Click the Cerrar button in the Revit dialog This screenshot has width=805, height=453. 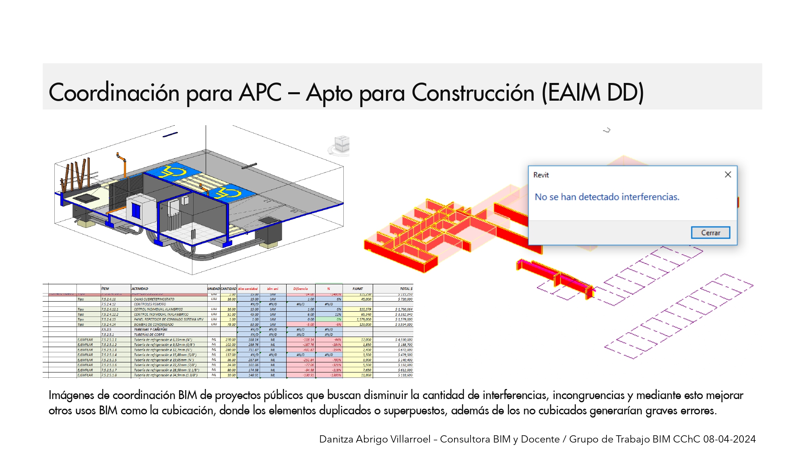(710, 233)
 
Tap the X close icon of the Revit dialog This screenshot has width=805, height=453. (728, 174)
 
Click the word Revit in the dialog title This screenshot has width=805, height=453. (541, 175)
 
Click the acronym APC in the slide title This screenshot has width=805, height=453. (260, 93)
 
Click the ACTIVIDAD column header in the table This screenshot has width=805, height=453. (140, 289)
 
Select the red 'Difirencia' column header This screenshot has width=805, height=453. (300, 289)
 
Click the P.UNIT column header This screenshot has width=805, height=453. (357, 289)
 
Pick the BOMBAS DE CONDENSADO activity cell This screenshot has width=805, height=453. (154, 325)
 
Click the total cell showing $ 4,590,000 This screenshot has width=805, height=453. (404, 340)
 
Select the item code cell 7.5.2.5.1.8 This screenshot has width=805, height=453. (109, 375)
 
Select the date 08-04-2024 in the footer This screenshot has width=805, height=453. (729, 439)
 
